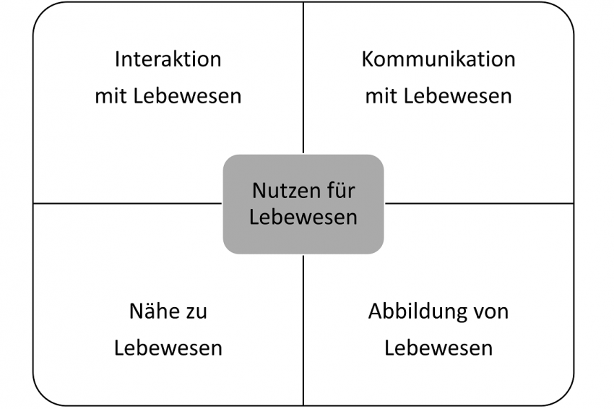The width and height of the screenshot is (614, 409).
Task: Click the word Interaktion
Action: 168,59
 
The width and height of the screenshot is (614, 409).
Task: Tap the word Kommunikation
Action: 438,59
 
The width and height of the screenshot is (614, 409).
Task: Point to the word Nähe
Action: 155,311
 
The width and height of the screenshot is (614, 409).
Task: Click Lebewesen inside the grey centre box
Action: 303,217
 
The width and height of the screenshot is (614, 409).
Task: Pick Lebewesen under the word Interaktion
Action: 187,96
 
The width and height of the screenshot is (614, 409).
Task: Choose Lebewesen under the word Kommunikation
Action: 458,96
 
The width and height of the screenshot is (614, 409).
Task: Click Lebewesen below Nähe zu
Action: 168,348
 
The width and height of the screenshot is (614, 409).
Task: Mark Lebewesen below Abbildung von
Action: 438,348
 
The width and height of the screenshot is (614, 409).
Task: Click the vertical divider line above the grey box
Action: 303,77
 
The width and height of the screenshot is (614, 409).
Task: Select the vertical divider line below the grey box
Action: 303,330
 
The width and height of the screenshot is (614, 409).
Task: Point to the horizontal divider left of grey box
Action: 128,203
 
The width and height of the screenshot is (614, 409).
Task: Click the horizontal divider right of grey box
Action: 479,203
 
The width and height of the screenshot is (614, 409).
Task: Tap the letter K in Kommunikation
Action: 367,59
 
